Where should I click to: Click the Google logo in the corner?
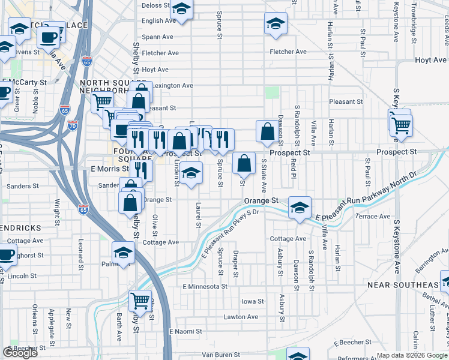tap(20, 353)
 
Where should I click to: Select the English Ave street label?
tap(159, 20)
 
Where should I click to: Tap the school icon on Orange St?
tap(299, 207)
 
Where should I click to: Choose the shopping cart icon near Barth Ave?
tap(140, 299)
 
